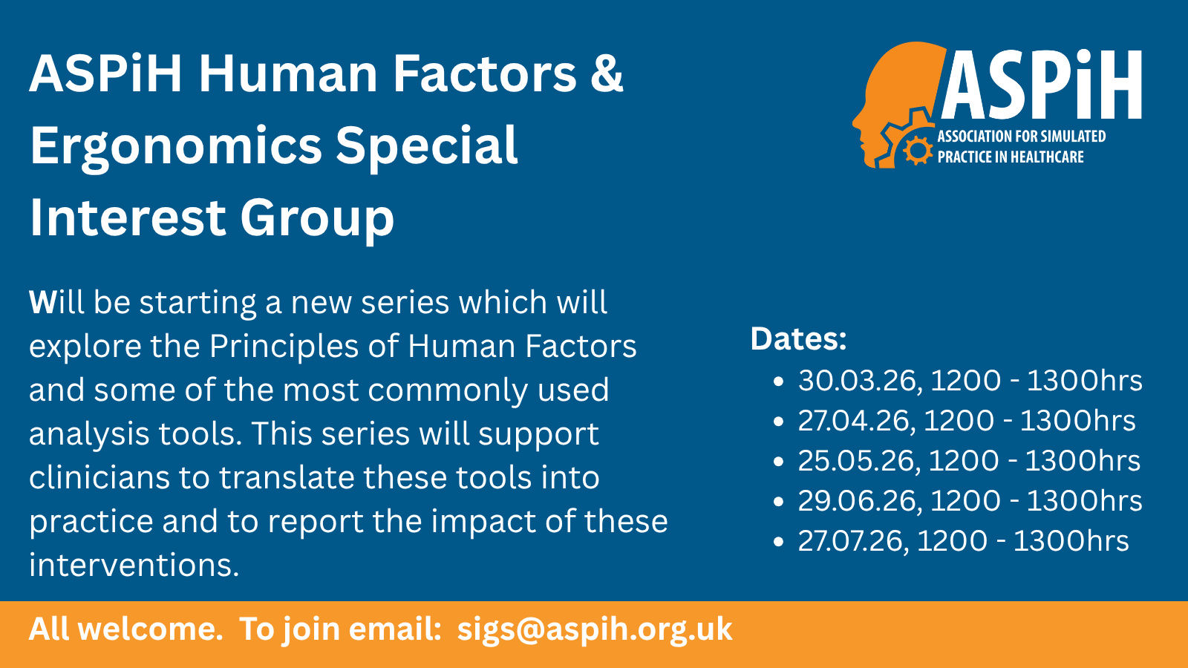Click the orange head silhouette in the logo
pos(896,101)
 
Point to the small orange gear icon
pos(918,150)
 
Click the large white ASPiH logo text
pos(1041,85)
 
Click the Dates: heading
pos(798,338)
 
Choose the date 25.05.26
pos(856,461)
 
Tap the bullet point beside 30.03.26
pos(779,382)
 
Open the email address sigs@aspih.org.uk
pos(595,629)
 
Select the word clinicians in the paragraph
pos(99,477)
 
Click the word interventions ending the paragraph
pos(134,565)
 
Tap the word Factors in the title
pos(484,73)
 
